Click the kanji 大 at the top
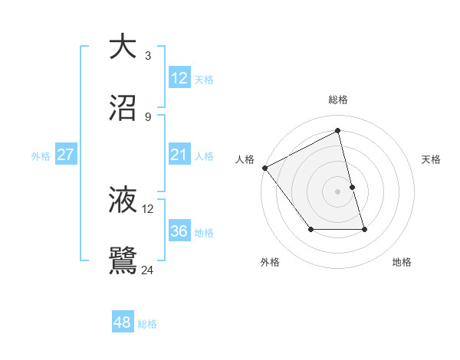(123, 47)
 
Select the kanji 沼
(123, 108)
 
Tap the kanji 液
(123, 200)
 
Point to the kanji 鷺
(123, 261)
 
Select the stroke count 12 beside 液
(148, 208)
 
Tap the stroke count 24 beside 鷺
(148, 270)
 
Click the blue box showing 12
(179, 78)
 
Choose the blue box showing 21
(179, 155)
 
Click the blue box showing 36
(179, 231)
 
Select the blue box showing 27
(66, 155)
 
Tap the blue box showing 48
(122, 323)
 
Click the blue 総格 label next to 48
(147, 324)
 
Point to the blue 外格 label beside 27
(41, 156)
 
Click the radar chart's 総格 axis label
(338, 100)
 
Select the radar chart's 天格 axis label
(432, 159)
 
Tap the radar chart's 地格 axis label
(402, 262)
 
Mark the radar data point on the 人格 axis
(264, 168)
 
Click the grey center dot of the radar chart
(338, 191)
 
